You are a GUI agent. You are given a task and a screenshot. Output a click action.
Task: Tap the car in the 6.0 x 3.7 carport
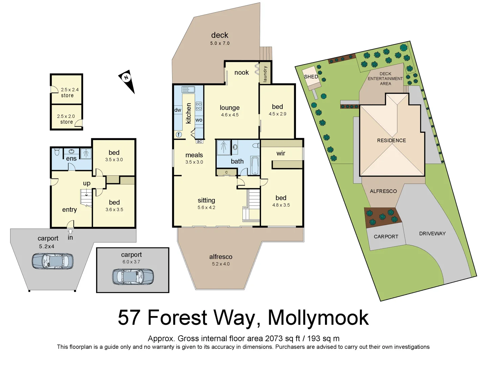pos(133,276)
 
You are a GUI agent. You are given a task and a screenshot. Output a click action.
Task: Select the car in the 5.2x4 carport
pos(52,261)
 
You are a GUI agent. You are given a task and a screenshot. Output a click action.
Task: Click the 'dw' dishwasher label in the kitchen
pos(178,110)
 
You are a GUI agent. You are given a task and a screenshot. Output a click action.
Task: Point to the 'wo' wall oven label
pos(199,120)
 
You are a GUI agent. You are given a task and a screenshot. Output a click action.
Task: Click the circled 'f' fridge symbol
pos(179,135)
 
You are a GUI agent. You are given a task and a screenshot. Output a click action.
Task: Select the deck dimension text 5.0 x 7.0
pos(220,43)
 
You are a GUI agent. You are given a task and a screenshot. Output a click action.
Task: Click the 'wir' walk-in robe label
pos(281,153)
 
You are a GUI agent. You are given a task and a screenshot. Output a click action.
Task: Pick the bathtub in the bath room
pos(255,166)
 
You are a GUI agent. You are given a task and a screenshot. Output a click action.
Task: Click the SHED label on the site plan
pos(311,77)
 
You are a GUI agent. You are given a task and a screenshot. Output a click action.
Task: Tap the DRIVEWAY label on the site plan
pos(432,234)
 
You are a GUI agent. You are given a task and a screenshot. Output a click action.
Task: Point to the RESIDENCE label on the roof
pos(391,140)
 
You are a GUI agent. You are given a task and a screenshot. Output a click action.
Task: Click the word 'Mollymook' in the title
pos(318,318)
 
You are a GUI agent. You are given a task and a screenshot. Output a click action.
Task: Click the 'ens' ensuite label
pos(71,159)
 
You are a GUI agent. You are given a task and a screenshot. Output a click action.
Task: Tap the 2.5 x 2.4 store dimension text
pos(70,90)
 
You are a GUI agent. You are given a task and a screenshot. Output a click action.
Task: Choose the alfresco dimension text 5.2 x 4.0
pos(221,264)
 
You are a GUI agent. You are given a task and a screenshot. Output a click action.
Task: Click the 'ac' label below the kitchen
pos(199,142)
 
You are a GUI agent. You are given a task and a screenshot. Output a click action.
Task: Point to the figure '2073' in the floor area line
pos(274,338)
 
